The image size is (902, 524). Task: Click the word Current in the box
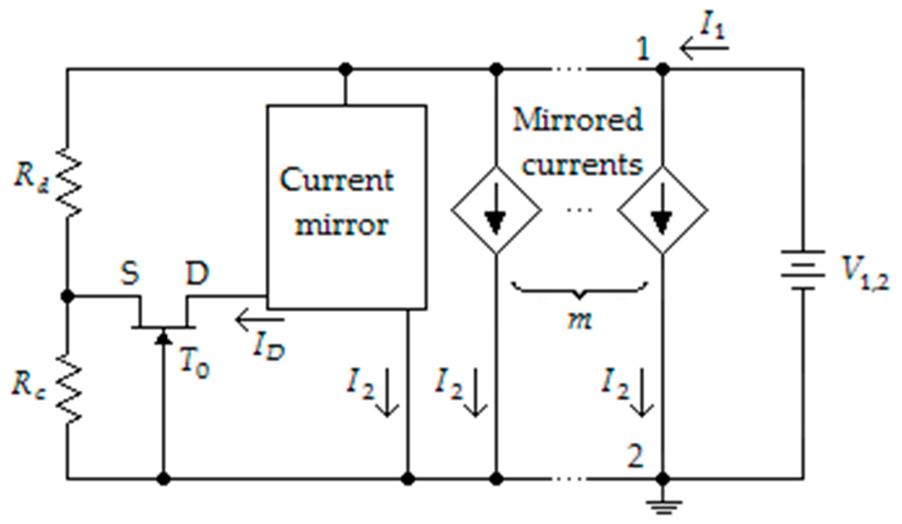[x=336, y=181]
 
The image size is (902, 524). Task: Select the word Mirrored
[x=577, y=120]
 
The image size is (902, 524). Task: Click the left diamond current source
[x=496, y=210]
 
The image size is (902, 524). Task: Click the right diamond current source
[x=663, y=210]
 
